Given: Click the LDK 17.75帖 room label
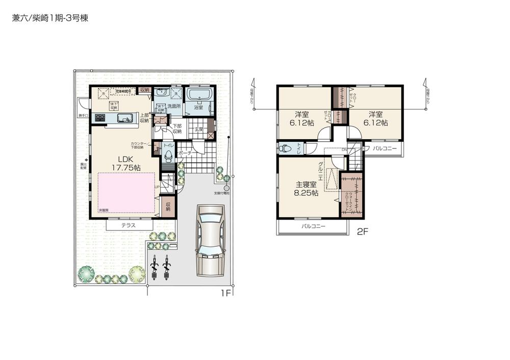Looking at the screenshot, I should click(122, 163).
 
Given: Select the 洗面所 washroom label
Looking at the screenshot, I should click(175, 107).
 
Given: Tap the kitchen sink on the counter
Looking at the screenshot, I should click(124, 118).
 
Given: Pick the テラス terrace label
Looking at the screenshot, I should click(129, 225).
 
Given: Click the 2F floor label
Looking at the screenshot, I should click(362, 231).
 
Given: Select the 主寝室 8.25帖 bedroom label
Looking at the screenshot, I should click(306, 189).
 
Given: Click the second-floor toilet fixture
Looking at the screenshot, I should click(286, 148).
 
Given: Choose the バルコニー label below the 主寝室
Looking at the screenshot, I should click(313, 225).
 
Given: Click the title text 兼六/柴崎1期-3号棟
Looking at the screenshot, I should click(50, 18).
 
